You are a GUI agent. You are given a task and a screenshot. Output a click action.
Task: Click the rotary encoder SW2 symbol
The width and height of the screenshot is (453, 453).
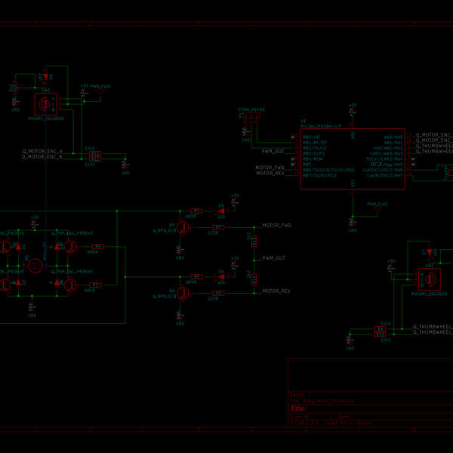tap(45, 103)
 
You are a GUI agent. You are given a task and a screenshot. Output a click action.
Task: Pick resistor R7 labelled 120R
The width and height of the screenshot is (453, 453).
tap(218, 226)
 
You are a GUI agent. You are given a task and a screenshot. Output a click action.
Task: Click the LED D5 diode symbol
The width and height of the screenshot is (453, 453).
tap(221, 211)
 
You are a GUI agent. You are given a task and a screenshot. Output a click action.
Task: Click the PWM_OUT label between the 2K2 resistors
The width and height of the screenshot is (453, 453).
tap(274, 258)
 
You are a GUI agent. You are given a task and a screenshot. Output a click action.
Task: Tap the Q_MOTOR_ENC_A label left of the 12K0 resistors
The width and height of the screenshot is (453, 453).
tap(42, 152)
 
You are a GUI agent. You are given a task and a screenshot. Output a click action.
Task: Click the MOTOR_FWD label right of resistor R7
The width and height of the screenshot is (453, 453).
tap(276, 226)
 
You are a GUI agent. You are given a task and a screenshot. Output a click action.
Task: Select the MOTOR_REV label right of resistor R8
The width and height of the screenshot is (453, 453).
tap(276, 291)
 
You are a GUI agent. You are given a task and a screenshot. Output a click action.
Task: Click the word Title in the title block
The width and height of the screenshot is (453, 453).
tap(299, 408)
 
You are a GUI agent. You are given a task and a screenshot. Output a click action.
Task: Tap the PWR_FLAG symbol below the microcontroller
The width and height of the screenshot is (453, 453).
tap(377, 205)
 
